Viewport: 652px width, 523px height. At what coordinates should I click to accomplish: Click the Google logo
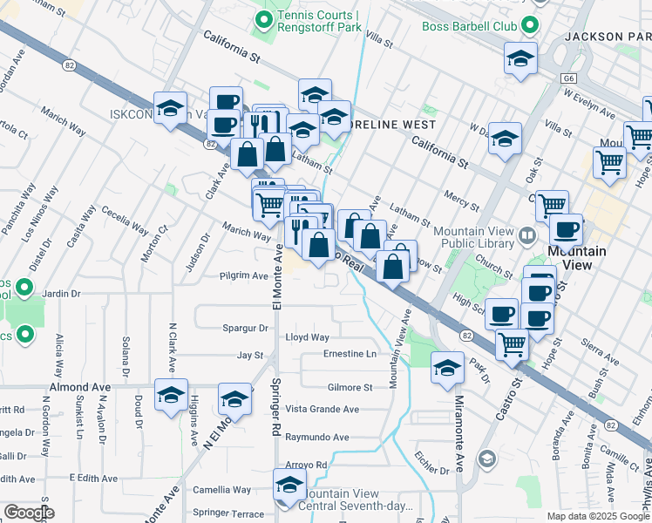(x=28, y=513)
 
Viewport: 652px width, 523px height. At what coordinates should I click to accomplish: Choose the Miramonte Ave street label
(x=459, y=428)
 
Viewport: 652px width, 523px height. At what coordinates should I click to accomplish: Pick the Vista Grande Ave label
(x=323, y=410)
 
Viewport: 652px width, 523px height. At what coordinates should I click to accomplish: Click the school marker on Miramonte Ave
(x=448, y=369)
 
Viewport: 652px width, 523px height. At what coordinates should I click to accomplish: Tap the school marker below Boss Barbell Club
(x=520, y=59)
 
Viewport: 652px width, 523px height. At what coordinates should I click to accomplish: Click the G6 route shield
(x=568, y=78)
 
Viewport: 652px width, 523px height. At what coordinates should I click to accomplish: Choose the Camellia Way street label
(x=222, y=490)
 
